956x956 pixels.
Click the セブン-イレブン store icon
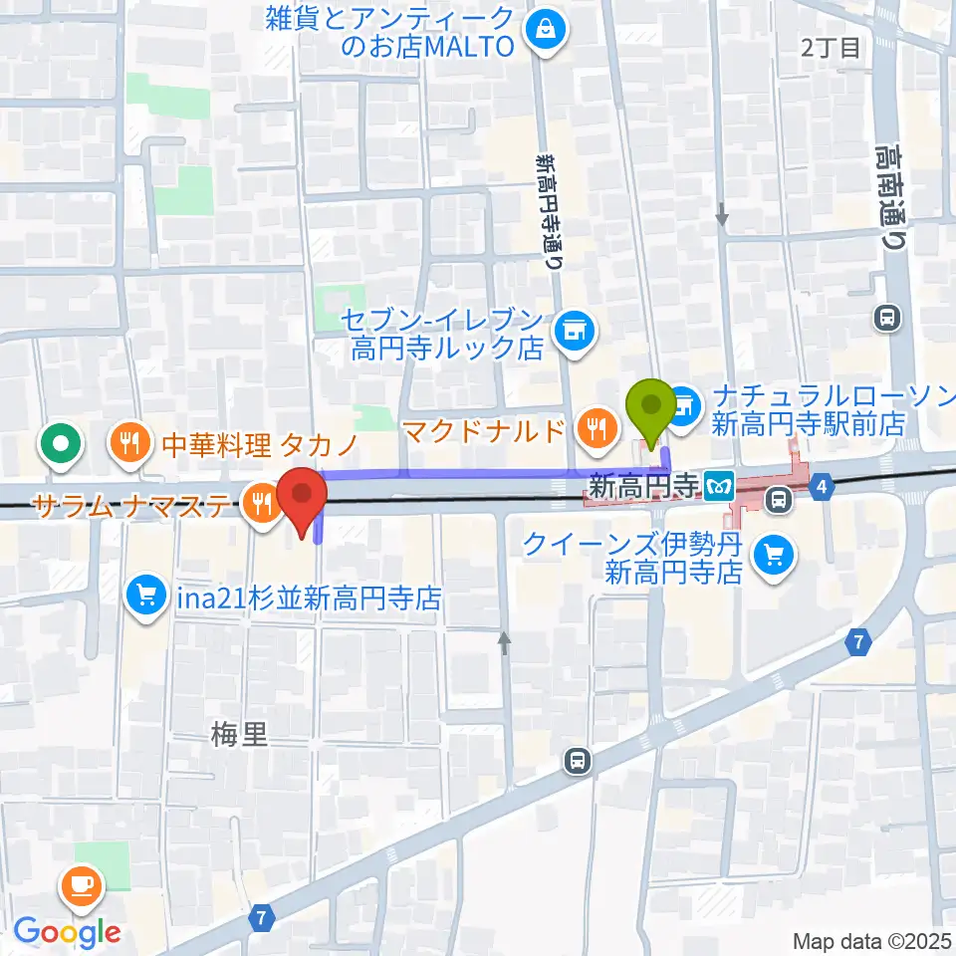tap(573, 326)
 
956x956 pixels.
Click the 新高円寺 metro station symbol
tap(717, 487)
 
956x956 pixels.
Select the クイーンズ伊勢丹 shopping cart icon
tap(773, 556)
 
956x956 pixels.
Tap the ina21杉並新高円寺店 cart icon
tap(145, 597)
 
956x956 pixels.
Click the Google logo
tap(67, 931)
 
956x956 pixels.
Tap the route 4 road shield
tap(821, 487)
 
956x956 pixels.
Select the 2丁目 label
tap(832, 48)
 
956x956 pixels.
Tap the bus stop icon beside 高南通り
tap(885, 318)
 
